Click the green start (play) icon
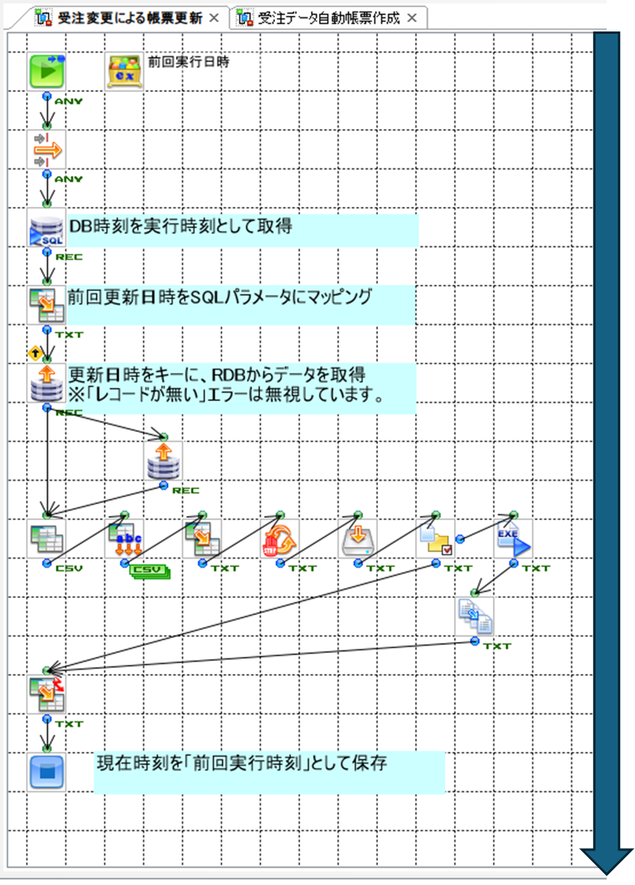46,72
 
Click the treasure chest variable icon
124,72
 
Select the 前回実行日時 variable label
189,61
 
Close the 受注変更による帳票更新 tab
214,17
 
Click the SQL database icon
46,229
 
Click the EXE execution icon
513,539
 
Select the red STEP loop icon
279,540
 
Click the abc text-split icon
124,540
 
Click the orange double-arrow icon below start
46,149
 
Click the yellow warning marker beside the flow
34,353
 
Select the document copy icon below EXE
475,616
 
